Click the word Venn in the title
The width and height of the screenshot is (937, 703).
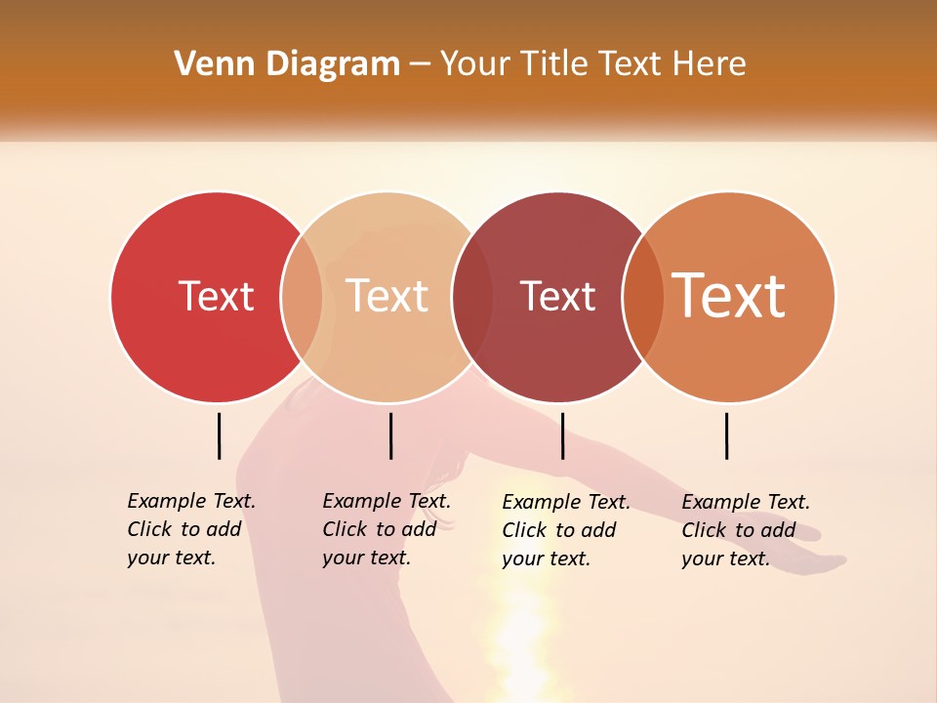209,64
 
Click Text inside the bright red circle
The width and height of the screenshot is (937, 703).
216,296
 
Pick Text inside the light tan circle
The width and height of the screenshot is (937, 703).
387,296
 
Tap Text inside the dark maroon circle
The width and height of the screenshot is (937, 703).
557,297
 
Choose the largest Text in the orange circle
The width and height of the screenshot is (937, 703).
728,296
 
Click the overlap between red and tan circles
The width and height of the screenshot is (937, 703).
302,297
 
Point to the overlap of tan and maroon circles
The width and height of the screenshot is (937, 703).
472,297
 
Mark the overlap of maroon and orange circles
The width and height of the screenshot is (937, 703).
642,297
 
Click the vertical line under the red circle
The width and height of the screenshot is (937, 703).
219,435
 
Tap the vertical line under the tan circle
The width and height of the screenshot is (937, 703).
390,435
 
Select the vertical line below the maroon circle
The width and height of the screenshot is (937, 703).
562,435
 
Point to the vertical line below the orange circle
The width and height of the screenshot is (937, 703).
726,435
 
